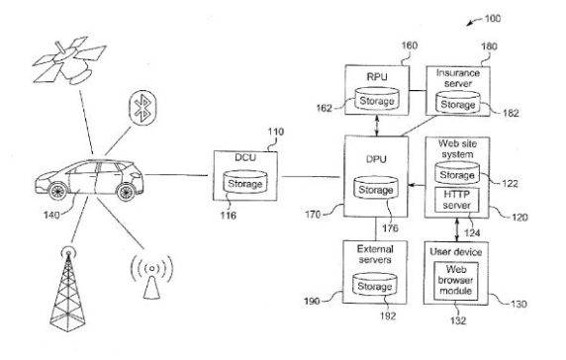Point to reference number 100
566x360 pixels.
tap(517, 19)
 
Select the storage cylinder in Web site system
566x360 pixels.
tap(456, 175)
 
